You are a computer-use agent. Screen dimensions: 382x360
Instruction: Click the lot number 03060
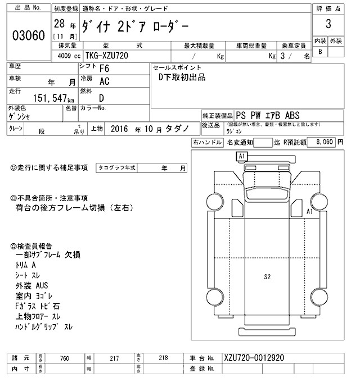point(28,37)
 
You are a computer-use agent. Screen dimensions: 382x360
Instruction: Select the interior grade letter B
point(320,52)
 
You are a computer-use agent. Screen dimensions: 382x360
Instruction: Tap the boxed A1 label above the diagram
point(242,155)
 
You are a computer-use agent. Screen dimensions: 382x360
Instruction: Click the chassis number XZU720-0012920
point(253,358)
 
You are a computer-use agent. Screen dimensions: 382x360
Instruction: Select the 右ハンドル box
point(206,143)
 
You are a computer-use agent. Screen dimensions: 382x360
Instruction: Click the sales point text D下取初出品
point(182,77)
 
